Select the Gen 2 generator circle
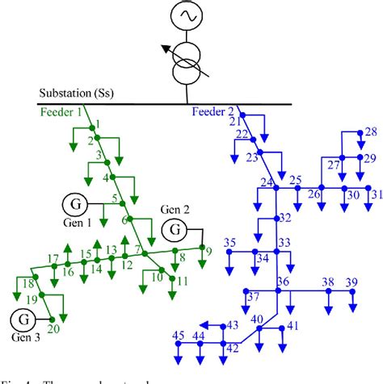click(175, 231)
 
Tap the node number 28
click(370, 131)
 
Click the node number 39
click(351, 282)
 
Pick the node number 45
click(178, 335)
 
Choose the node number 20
click(53, 328)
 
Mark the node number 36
click(283, 281)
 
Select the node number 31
click(377, 194)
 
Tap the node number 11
click(183, 281)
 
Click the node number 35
click(230, 243)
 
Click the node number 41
click(293, 325)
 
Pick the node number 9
click(208, 251)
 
